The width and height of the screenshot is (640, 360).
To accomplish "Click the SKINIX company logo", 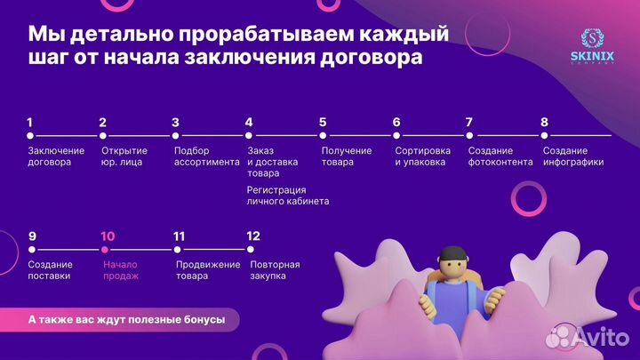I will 593,46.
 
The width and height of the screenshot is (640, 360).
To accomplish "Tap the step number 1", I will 30,123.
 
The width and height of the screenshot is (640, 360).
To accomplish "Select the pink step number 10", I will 108,236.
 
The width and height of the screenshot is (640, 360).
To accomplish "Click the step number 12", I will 254,236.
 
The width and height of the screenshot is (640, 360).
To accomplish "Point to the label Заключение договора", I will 56,156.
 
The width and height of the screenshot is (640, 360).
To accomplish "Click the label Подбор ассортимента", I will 206,156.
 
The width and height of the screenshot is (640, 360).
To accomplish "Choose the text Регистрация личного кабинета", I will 288,196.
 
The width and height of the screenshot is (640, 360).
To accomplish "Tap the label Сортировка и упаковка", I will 423,156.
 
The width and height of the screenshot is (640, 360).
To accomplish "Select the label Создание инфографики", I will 572,156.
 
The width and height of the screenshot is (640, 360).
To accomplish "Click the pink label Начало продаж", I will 121,270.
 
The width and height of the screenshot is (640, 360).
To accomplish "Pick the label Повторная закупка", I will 275,270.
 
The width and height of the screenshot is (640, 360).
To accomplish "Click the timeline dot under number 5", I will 323,136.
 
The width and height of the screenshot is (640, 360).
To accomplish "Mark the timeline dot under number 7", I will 468,136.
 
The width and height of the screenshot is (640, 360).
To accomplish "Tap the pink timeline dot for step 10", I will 104,250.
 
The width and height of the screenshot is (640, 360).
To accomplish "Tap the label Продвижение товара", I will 208,270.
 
